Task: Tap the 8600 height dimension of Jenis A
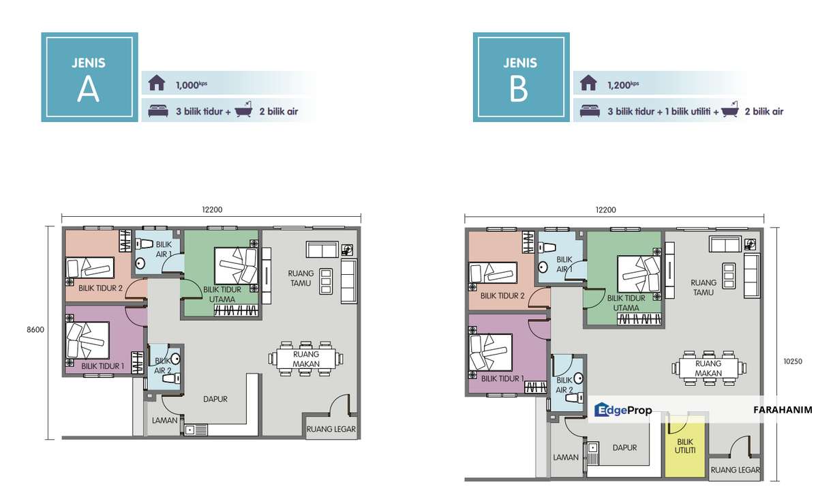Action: tap(35, 329)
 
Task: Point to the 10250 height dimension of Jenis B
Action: tap(793, 361)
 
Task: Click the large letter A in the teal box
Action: tap(88, 90)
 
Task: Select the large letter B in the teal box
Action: tap(519, 90)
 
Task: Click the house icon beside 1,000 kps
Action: tap(157, 83)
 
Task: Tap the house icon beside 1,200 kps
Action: tap(588, 83)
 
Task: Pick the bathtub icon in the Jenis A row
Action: tap(244, 109)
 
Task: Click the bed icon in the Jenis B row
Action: tap(590, 111)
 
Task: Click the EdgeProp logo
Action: tap(623, 410)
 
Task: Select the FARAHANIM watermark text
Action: tap(783, 410)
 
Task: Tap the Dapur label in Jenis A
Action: tap(215, 399)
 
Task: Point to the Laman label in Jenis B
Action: tap(566, 458)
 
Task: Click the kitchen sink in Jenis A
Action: tap(196, 430)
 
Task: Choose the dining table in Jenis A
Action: tap(306, 359)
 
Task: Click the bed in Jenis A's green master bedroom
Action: tap(236, 266)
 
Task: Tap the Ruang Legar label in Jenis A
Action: tap(331, 429)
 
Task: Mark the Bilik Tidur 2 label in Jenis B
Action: tap(502, 296)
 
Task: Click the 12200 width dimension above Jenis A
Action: tap(212, 210)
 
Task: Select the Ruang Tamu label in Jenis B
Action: tap(703, 287)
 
